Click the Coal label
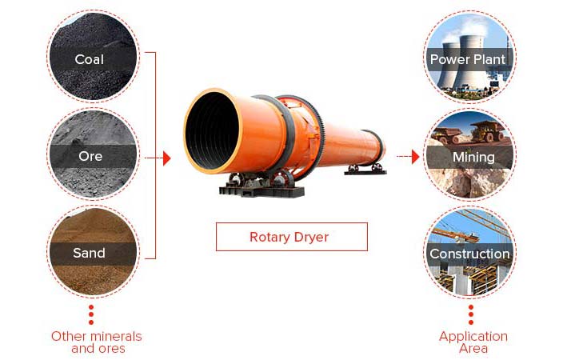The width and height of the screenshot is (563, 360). click(x=89, y=59)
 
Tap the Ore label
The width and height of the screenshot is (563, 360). click(x=90, y=156)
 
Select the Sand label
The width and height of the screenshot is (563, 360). click(x=89, y=253)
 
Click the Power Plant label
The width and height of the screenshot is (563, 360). click(x=468, y=59)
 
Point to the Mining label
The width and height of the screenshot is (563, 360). click(x=473, y=157)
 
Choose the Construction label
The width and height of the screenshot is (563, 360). click(x=469, y=254)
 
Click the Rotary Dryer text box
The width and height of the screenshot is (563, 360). click(x=292, y=237)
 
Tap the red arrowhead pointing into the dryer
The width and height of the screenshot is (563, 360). click(x=166, y=158)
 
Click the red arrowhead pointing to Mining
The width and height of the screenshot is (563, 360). click(x=415, y=157)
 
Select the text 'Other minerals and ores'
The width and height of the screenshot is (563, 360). click(x=97, y=342)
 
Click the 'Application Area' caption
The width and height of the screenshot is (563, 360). click(x=473, y=342)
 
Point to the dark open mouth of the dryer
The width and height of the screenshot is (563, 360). click(x=212, y=130)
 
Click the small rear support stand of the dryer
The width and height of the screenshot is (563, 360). click(x=365, y=170)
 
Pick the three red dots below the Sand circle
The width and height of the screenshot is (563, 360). click(x=91, y=314)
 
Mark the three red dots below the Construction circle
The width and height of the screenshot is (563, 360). click(x=471, y=314)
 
